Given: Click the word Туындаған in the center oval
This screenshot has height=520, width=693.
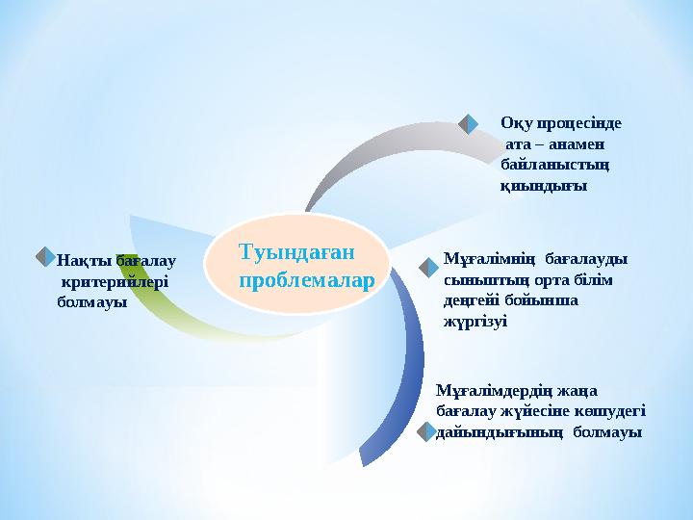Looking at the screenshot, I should [296, 252].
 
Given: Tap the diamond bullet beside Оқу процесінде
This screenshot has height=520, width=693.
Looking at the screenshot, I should [469, 123].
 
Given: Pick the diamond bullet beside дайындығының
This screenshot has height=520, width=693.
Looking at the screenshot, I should [425, 432].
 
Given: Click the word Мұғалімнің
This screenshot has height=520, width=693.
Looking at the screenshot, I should [488, 259].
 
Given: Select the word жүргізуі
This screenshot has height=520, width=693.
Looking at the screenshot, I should [475, 321].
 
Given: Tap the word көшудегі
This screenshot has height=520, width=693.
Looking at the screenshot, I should [612, 411].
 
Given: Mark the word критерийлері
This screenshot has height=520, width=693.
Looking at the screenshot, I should [114, 281].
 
